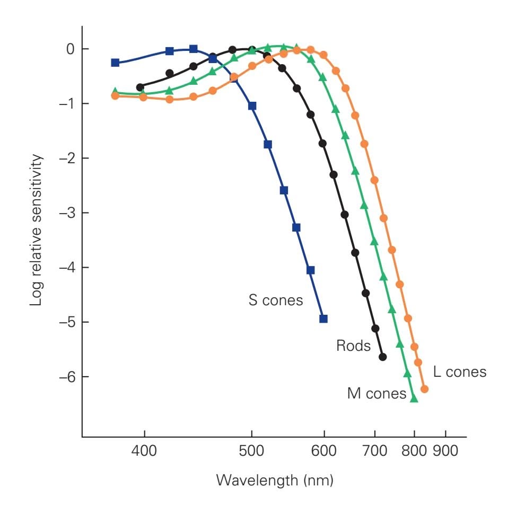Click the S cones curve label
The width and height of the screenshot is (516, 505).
tap(276, 300)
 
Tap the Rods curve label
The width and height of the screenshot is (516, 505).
tap(353, 346)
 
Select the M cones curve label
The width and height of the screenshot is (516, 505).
tap(377, 393)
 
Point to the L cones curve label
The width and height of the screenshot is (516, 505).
tap(459, 371)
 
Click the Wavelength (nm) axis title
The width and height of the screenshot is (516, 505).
tap(275, 481)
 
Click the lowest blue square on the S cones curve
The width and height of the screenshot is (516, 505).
tap(323, 318)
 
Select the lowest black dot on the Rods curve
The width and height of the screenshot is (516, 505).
tap(383, 357)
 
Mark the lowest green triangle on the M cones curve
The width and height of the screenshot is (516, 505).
tap(414, 398)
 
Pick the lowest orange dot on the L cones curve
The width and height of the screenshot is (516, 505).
tap(424, 389)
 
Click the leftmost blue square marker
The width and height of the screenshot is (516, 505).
tap(115, 63)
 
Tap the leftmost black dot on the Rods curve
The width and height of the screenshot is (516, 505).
tap(140, 87)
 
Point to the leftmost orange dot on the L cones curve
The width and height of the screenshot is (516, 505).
tap(115, 96)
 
